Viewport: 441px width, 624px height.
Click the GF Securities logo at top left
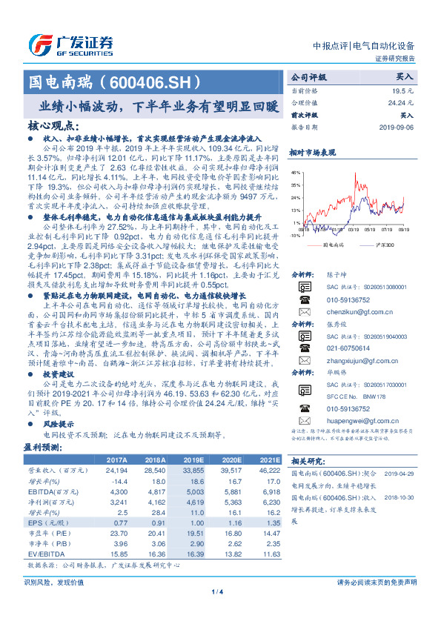pyautogui.click(x=70, y=42)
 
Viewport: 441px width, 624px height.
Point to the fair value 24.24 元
pyautogui.click(x=401, y=102)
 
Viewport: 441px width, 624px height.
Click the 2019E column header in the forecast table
pyautogui.click(x=193, y=459)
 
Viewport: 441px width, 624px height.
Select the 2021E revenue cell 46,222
pyautogui.click(x=268, y=470)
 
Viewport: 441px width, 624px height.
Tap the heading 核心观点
pyautogui.click(x=53, y=125)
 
